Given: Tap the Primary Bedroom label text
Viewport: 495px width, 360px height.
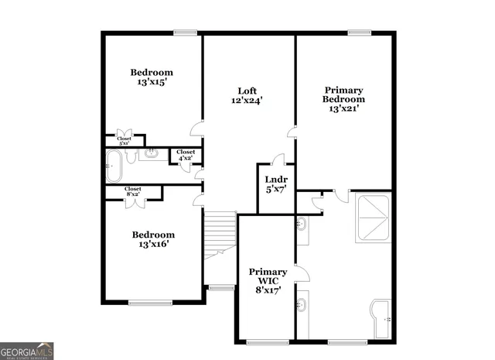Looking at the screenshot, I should pyautogui.click(x=344, y=99).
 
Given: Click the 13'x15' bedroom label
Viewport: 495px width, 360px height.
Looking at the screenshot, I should pyautogui.click(x=151, y=77).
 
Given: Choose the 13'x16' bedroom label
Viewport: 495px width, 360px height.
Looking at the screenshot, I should pyautogui.click(x=152, y=239).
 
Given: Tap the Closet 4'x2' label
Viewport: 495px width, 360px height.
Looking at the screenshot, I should pyautogui.click(x=186, y=155).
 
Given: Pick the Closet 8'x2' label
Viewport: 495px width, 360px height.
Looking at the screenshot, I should pyautogui.click(x=133, y=191).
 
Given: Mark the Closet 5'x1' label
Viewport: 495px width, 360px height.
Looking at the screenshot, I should pyautogui.click(x=124, y=141).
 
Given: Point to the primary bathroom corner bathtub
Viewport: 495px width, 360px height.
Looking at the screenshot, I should pyautogui.click(x=383, y=318).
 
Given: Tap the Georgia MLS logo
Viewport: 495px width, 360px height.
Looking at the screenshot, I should pyautogui.click(x=27, y=351).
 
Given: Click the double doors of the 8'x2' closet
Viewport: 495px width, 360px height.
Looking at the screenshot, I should pyautogui.click(x=133, y=203).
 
